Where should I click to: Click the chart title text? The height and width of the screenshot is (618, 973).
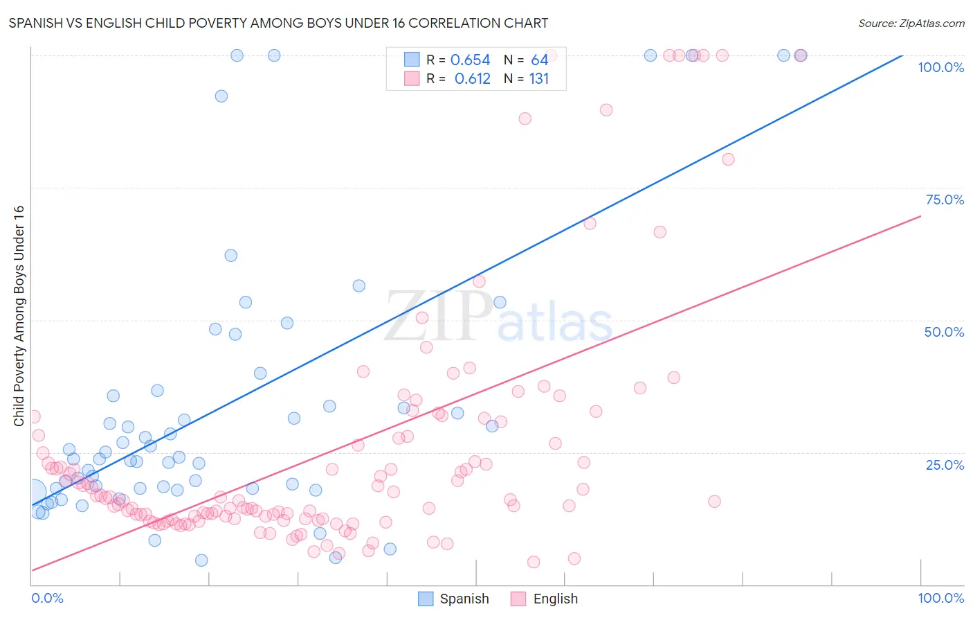click(278, 23)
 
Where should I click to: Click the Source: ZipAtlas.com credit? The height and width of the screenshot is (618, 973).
click(911, 23)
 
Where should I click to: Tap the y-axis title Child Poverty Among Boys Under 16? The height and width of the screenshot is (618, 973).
click(19, 316)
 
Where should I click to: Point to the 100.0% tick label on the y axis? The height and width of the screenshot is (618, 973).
click(940, 67)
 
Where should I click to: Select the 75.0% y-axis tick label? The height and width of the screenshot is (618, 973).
click(944, 200)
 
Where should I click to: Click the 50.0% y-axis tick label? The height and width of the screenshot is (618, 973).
click(944, 332)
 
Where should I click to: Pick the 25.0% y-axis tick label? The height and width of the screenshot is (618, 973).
click(944, 465)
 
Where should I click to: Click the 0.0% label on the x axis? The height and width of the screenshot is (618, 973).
click(47, 598)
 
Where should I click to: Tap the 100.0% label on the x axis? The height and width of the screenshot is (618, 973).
click(940, 598)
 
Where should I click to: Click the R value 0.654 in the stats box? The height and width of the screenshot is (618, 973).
click(470, 60)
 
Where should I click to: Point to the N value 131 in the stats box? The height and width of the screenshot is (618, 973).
click(538, 79)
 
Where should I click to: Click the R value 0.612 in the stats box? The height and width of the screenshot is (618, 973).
click(472, 79)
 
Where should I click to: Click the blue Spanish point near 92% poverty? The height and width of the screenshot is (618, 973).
click(221, 96)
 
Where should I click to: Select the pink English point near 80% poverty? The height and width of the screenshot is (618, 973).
click(728, 159)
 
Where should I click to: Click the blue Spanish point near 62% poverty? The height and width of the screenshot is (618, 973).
click(231, 256)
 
